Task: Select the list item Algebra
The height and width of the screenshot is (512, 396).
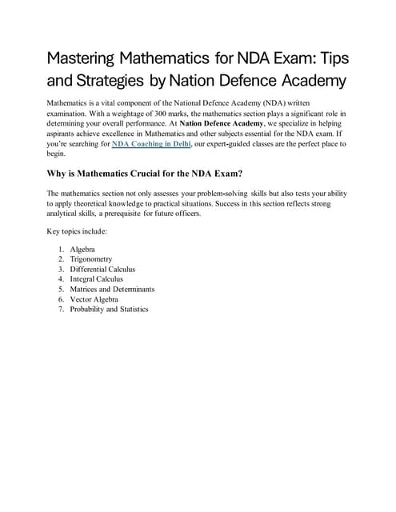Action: [82, 250]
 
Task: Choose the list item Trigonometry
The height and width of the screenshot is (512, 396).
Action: [93, 259]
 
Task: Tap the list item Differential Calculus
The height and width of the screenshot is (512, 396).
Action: [103, 270]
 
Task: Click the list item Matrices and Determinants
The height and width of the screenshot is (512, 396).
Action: [112, 289]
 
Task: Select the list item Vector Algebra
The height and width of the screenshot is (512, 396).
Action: [94, 299]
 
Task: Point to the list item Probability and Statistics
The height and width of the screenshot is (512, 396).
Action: [109, 309]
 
